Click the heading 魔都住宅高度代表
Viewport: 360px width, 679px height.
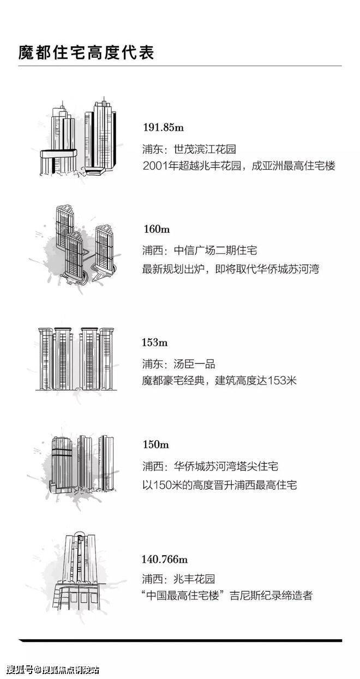click(x=86, y=52)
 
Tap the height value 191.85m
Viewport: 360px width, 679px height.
click(x=163, y=127)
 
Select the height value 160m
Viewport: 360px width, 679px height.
click(x=157, y=229)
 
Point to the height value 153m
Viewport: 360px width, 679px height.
click(x=155, y=342)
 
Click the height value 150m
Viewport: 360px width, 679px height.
click(x=156, y=444)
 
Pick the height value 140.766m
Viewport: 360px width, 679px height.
click(x=165, y=559)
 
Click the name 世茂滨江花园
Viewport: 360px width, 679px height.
click(x=205, y=149)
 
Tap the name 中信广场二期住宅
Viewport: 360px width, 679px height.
click(x=215, y=250)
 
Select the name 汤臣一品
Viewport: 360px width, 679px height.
click(x=194, y=364)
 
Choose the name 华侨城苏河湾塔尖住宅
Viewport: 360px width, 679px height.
click(x=226, y=466)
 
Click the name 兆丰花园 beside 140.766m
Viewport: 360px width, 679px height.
click(x=194, y=579)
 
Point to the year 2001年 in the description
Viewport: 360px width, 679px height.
click(x=160, y=166)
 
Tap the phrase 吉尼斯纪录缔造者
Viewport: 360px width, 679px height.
click(x=271, y=596)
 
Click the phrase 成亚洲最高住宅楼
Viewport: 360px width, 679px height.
click(x=293, y=166)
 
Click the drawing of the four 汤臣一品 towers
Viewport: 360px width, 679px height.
click(x=76, y=359)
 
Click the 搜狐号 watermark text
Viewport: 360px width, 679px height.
click(x=20, y=670)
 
